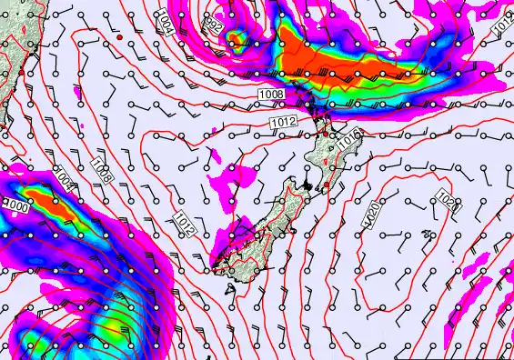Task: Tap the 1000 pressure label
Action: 16,205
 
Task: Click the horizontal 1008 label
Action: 271,95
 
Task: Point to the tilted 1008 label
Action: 103,170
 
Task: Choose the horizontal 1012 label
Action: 282,122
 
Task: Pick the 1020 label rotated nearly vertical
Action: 372,215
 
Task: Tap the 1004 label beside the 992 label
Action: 164,22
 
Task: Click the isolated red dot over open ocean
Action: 119,38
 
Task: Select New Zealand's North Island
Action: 328,150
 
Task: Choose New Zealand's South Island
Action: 259,227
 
